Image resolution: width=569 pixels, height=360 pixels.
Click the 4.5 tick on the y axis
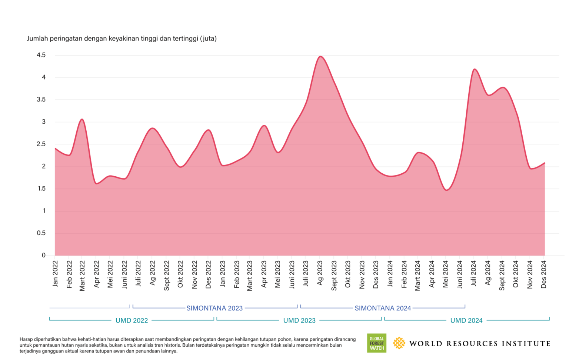click(41, 55)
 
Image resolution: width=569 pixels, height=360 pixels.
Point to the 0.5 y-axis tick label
click(41, 233)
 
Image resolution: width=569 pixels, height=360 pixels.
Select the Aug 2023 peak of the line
click(320, 57)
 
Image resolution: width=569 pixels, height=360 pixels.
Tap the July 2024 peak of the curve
click(474, 69)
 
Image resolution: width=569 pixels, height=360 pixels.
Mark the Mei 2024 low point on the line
click(446, 190)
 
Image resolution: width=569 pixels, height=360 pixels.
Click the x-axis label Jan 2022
click(56, 274)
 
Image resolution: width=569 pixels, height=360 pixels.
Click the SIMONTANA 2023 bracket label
click(214, 308)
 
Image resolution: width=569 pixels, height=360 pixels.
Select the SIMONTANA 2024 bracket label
click(383, 308)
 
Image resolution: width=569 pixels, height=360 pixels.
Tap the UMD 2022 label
click(132, 320)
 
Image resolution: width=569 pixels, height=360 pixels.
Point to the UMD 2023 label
click(299, 320)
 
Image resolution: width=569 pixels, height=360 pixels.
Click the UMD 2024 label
click(466, 320)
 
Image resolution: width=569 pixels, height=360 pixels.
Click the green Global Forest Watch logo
click(376, 343)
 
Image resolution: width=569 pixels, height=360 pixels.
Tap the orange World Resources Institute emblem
click(399, 343)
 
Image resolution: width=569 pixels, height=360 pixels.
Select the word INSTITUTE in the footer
click(526, 344)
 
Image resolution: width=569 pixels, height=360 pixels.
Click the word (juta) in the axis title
click(208, 39)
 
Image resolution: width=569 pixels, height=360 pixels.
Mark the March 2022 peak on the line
click(82, 119)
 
